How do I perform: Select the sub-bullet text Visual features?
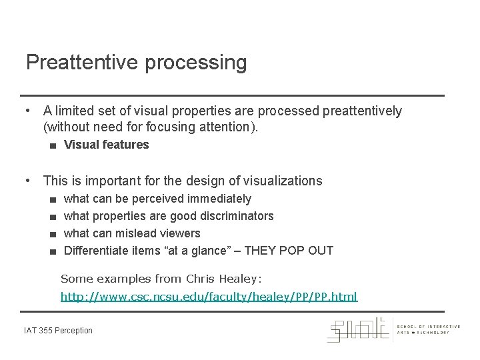tap(106, 145)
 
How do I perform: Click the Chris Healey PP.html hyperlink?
tap(209, 296)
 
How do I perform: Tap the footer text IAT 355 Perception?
tap(59, 331)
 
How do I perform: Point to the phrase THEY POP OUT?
tap(289, 251)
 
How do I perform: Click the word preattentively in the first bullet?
tap(362, 111)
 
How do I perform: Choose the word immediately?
tap(219, 199)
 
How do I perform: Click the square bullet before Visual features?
tap(52, 145)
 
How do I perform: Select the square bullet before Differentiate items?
tap(52, 251)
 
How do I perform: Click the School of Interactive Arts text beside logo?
tap(428, 329)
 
